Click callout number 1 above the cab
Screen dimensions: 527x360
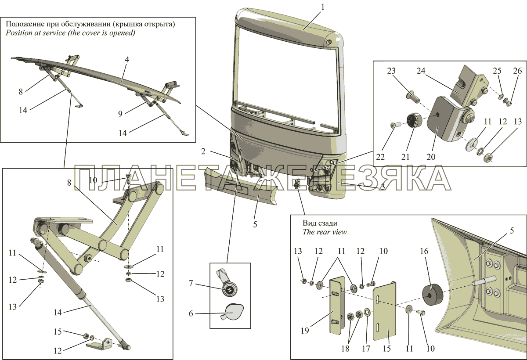[322, 7]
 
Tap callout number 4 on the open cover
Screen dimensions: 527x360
[127, 60]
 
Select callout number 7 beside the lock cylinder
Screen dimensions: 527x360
[191, 283]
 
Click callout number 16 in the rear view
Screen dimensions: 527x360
[424, 252]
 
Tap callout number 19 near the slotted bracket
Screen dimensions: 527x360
[305, 331]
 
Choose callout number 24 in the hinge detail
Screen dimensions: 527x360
[421, 71]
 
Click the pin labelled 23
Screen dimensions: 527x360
[413, 97]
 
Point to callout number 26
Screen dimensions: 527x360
[517, 71]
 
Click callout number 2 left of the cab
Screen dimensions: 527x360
[203, 151]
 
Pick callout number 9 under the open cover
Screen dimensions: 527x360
[120, 114]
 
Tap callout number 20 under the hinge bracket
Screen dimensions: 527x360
[431, 157]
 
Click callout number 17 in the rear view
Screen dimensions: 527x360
[366, 349]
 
